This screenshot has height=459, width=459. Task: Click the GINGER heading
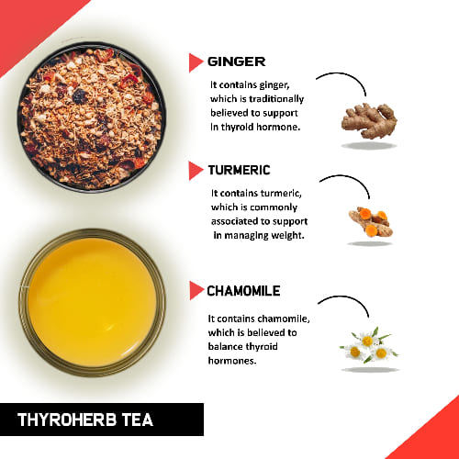(236, 62)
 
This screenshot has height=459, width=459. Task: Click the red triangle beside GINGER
(196, 62)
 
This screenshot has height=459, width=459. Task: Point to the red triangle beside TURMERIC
(196, 171)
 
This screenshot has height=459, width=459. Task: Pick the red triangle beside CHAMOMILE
(196, 291)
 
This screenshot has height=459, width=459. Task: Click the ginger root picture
(368, 118)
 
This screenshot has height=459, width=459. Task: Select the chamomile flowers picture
(368, 345)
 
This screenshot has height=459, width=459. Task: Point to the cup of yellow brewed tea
(91, 302)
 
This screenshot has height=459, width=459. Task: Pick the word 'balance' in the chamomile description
(229, 347)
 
